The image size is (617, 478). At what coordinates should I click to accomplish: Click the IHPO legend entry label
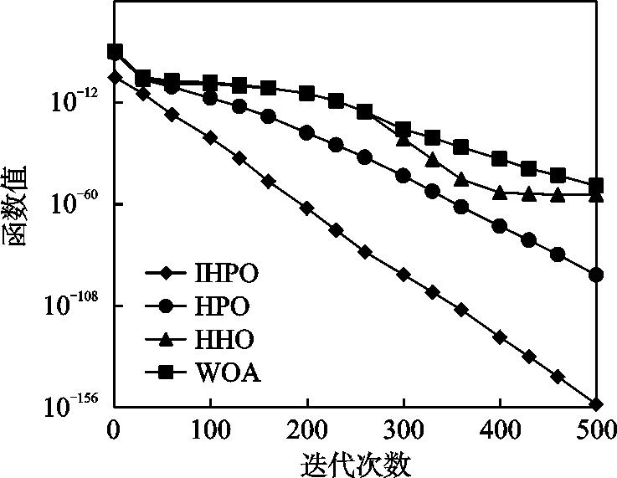226,273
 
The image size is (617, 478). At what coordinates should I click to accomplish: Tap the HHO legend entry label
223,339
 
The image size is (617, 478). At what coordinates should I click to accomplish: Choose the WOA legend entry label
227,373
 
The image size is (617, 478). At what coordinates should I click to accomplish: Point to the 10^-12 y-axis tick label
72,101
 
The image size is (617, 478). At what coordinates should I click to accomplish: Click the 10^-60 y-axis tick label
72,203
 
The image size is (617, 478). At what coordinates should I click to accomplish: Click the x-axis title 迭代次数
355,462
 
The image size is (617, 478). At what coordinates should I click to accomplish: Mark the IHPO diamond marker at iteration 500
597,404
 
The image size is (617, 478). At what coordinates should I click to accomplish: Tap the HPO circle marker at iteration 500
597,275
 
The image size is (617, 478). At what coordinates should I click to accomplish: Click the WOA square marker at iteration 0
116,52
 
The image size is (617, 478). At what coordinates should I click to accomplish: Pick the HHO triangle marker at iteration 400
501,193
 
